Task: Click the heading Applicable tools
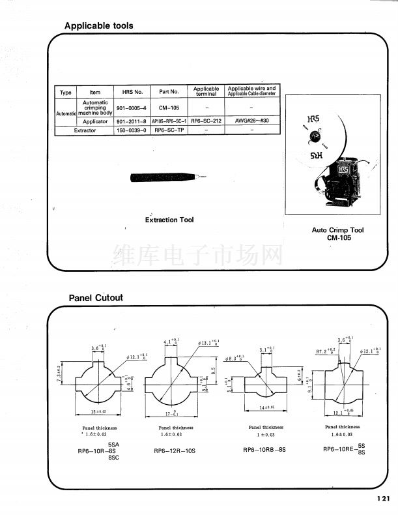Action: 98,26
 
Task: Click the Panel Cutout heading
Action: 96,298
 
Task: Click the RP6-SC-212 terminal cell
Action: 206,121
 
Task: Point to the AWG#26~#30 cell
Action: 251,121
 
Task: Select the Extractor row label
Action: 85,130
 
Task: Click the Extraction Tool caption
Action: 169,220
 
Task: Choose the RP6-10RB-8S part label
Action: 264,450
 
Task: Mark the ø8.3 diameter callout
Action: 233,358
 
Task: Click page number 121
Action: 383,499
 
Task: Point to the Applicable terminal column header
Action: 206,91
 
